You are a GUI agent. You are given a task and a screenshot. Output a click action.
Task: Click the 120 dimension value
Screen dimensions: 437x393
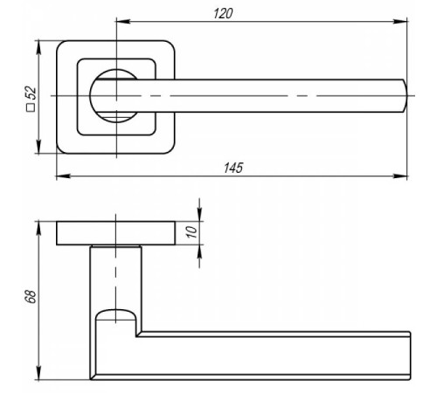[223, 13]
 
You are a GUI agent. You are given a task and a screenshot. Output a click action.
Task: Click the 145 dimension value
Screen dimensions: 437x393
[233, 168]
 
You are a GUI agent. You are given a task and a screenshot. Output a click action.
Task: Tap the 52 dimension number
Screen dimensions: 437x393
[31, 93]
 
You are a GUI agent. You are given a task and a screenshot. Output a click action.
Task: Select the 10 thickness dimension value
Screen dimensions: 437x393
[192, 232]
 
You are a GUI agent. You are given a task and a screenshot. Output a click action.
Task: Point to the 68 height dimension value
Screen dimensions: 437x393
[31, 296]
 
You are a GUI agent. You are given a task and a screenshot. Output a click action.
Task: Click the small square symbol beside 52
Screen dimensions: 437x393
[31, 107]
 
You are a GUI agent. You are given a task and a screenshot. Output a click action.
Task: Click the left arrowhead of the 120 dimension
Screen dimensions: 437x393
[123, 21]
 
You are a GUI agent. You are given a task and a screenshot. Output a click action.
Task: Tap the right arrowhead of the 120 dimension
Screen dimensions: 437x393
[400, 21]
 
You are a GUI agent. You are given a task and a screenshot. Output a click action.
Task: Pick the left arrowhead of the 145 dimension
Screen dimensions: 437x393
[63, 176]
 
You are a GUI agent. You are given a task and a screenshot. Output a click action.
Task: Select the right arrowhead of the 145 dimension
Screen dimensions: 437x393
[400, 176]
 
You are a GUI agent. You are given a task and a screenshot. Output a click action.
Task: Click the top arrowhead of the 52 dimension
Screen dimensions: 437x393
[38, 47]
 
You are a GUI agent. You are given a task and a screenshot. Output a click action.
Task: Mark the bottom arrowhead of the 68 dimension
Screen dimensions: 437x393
[38, 373]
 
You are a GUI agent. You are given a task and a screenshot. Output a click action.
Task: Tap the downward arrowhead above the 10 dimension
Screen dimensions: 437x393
[199, 214]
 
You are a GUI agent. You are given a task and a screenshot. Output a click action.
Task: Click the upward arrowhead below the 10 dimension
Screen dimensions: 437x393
[199, 252]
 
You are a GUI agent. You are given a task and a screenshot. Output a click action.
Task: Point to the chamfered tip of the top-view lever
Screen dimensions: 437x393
[405, 95]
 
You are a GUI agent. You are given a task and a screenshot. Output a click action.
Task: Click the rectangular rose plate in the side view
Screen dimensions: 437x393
[115, 233]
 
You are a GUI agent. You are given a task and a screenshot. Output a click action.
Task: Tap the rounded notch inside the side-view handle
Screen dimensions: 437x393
[115, 316]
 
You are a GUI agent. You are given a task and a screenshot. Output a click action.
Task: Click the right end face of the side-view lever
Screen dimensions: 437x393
[410, 355]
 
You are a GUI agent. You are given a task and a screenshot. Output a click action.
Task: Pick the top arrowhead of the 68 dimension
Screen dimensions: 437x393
[38, 229]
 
